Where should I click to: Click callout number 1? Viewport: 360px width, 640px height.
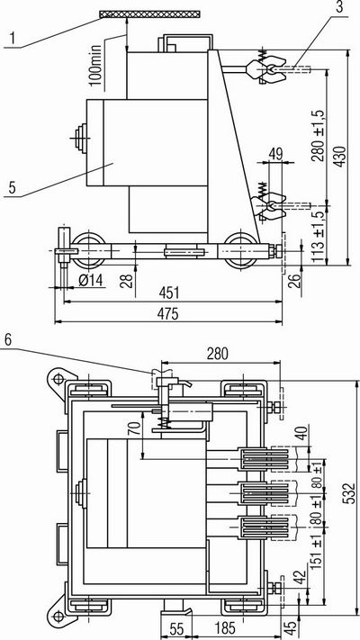click(x=13, y=39)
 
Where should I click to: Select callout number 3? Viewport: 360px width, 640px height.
click(x=338, y=7)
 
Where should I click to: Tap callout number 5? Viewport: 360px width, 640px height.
click(x=13, y=188)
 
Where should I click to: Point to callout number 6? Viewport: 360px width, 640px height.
click(x=10, y=339)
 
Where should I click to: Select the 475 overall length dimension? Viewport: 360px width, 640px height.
click(x=168, y=314)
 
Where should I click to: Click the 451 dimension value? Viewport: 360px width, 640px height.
click(x=168, y=293)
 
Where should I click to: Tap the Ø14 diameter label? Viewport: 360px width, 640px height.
click(x=91, y=280)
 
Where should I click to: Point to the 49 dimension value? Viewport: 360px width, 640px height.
click(x=275, y=154)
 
